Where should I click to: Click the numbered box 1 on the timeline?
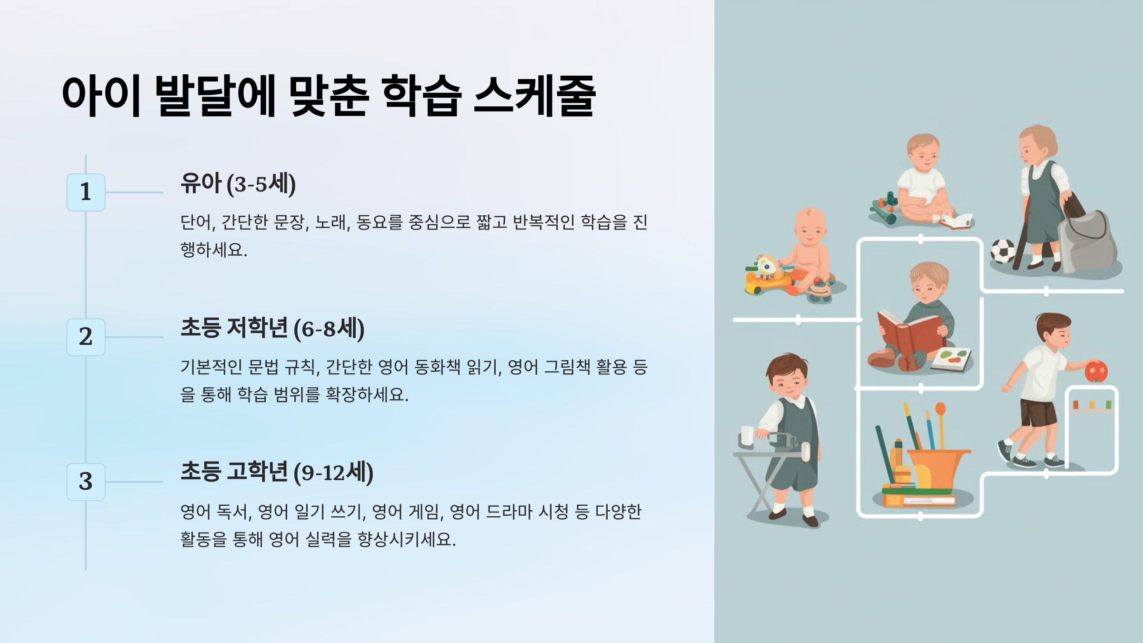[86, 192]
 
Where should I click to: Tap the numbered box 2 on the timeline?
[86, 337]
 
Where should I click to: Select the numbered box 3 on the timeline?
[86, 482]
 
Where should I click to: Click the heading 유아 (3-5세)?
[238, 184]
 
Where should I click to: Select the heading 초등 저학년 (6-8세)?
[272, 329]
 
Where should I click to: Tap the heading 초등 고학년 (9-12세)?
[277, 472]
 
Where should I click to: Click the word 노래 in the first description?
[332, 222]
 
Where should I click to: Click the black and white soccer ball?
[1003, 251]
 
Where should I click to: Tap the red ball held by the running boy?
[1096, 371]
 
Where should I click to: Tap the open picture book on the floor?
[951, 359]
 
